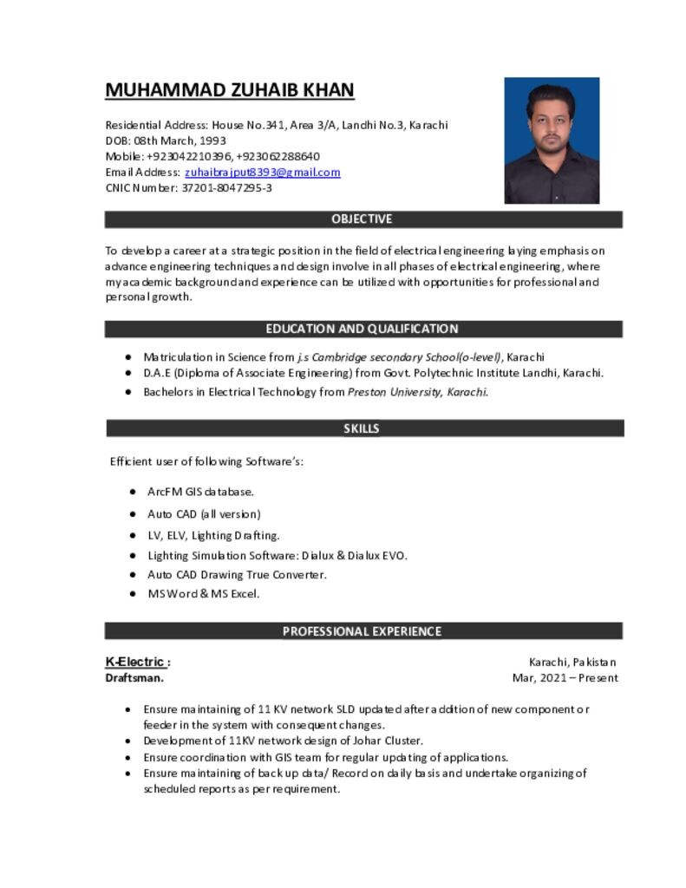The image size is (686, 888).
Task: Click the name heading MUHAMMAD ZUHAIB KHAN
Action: (230, 90)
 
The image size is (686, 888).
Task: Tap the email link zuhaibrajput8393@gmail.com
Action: (262, 172)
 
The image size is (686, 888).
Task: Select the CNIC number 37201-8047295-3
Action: (226, 187)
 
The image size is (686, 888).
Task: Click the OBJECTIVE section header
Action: (362, 219)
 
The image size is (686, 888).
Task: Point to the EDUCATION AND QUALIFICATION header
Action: (362, 329)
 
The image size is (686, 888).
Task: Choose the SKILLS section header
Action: (362, 428)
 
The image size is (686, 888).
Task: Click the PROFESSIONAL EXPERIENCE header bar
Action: (362, 631)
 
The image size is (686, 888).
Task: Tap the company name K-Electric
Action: (136, 663)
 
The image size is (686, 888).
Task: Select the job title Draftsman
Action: (134, 678)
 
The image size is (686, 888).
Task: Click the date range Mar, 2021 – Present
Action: (565, 678)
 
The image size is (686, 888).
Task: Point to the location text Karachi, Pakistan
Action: (572, 663)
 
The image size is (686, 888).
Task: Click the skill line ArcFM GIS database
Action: (200, 492)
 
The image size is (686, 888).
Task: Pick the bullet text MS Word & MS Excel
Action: (203, 594)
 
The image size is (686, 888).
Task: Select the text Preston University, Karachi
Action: (417, 392)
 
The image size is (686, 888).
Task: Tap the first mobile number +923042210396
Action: (188, 156)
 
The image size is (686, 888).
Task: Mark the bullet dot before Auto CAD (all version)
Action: (133, 514)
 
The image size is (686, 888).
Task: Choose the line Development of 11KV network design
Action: (283, 741)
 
